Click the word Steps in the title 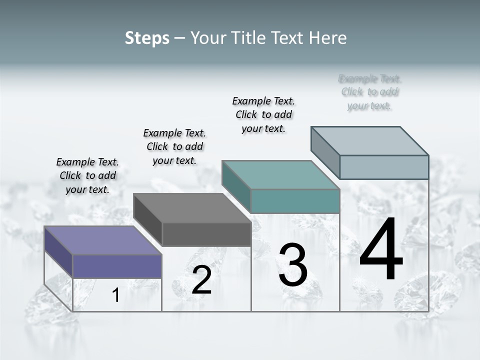pos(147,38)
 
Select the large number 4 pos(381,250)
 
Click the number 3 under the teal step pos(293,265)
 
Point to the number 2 pos(201,280)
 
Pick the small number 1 pos(116,295)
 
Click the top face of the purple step pos(102,240)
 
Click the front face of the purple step pos(117,266)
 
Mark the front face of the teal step pos(295,201)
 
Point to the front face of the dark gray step pos(206,234)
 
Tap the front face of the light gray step pos(384,167)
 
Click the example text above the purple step pos(87,175)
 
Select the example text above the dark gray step pos(174,146)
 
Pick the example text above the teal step pos(263,114)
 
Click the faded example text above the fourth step pos(370,92)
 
